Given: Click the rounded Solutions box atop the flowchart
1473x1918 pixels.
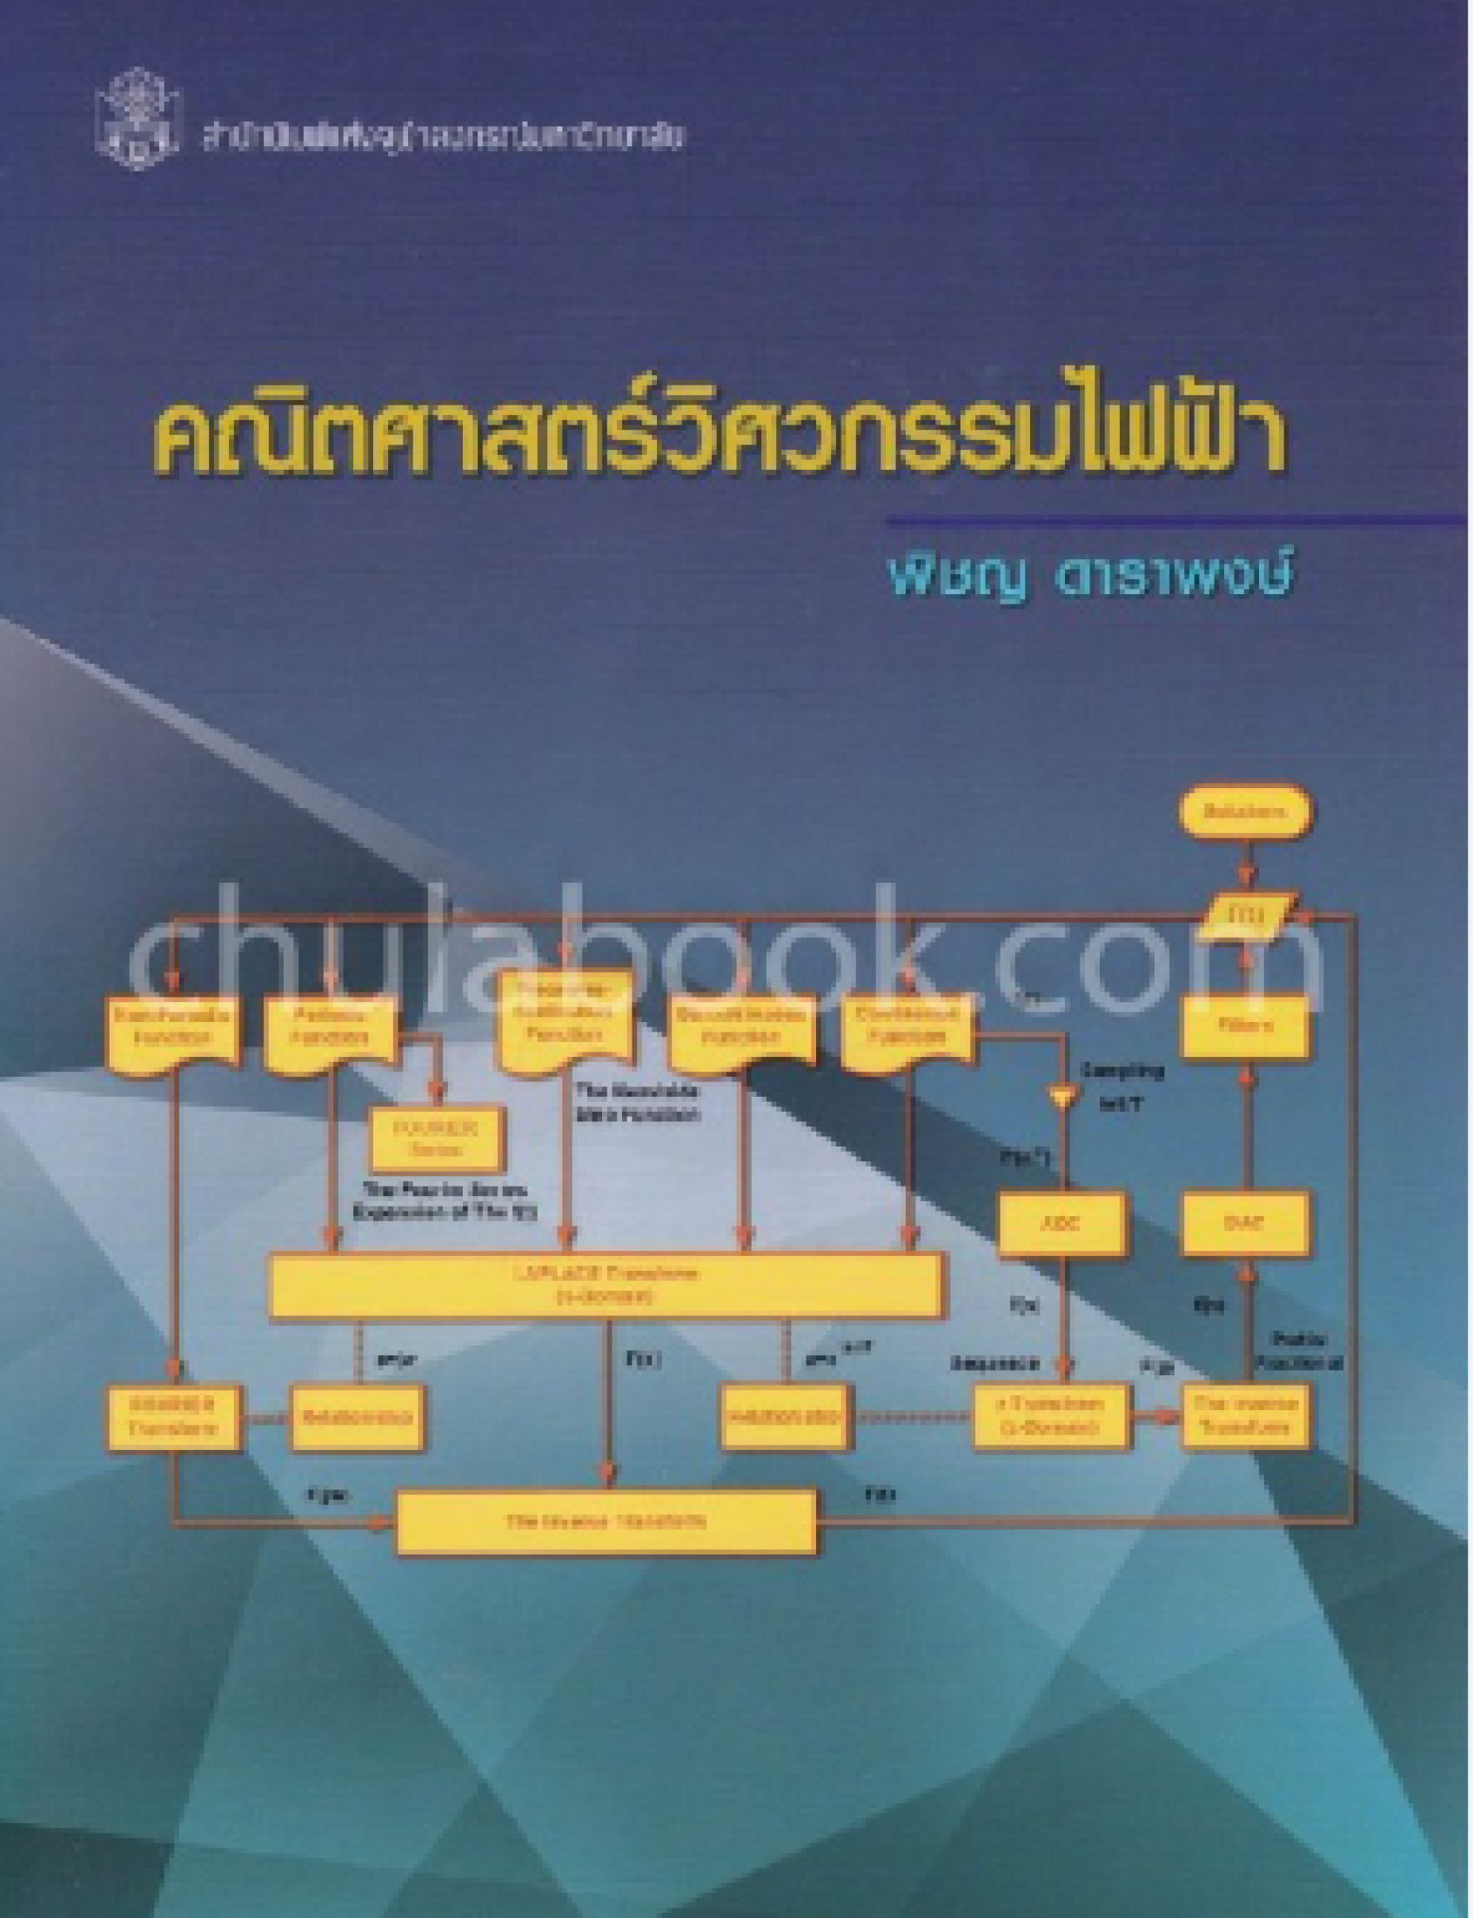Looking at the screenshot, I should pos(1244,812).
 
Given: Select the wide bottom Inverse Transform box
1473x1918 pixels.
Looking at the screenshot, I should pos(606,1521).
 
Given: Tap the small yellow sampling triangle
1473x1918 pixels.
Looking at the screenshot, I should pos(1061,1095).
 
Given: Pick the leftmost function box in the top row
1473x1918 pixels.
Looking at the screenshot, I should pos(172,1026).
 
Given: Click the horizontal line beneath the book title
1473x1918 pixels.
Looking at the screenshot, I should pos(1175,522).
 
